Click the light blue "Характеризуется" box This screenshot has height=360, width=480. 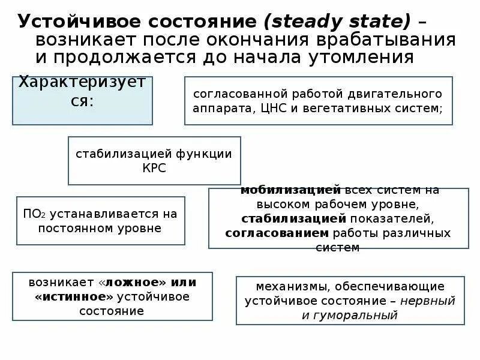[x=82, y=100]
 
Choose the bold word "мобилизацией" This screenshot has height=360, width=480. [x=290, y=190]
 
